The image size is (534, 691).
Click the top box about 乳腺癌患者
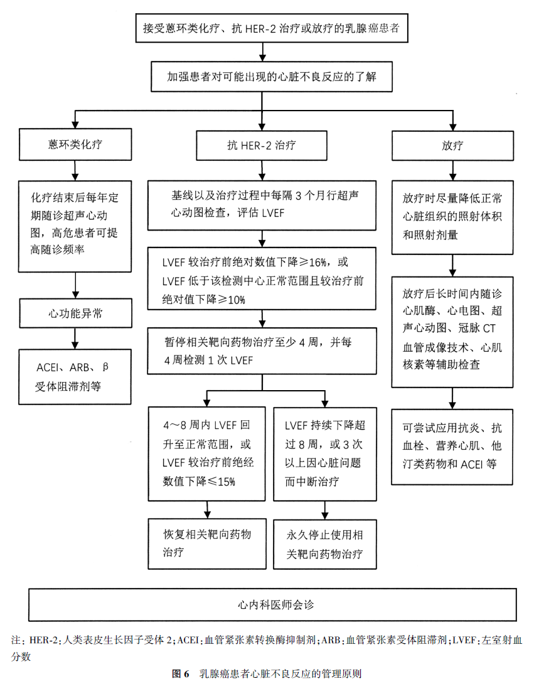pos(272,28)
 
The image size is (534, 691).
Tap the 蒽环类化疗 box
pos(75,144)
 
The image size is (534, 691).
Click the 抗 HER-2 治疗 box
pos(262,145)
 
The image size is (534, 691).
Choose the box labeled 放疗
pos(452,145)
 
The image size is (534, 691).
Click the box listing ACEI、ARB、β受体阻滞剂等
pos(75,376)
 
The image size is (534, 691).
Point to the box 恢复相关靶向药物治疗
pos(207,543)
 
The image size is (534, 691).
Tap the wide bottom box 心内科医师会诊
pos(273,605)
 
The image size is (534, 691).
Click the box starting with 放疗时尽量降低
pos(452,217)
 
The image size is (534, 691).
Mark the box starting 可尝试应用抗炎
pos(452,446)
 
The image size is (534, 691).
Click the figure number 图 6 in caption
pos(180,674)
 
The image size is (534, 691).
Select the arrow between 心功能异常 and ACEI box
pos(75,338)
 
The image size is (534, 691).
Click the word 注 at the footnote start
pos(16,641)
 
